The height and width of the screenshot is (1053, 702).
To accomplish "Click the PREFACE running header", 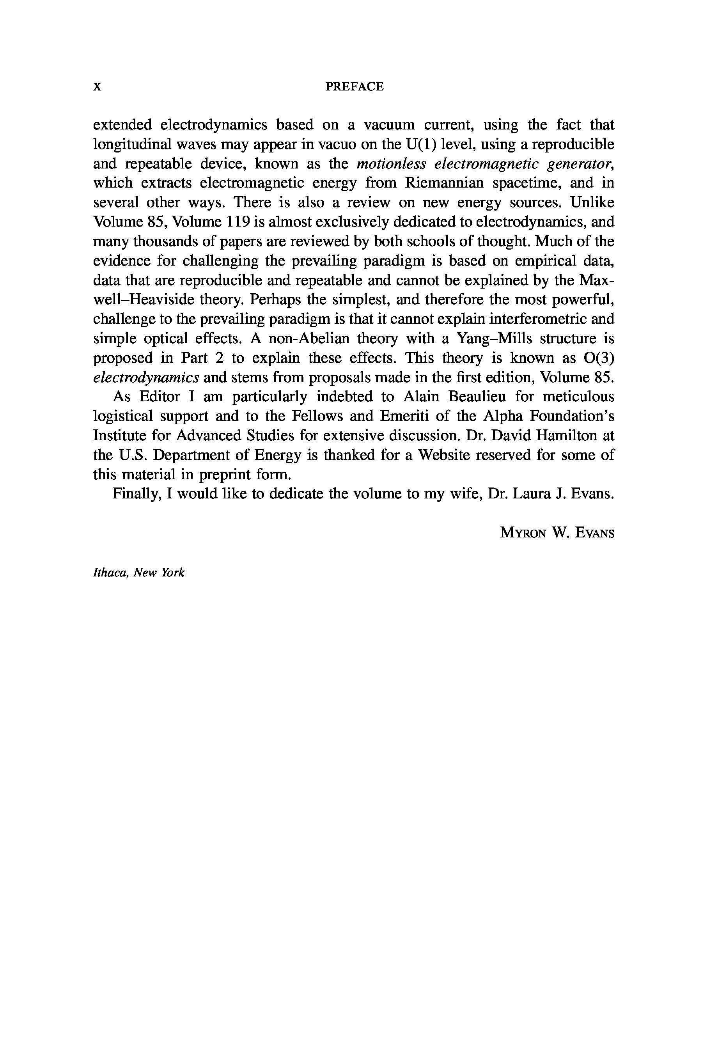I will point(354,87).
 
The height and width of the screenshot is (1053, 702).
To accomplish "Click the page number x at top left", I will point(97,87).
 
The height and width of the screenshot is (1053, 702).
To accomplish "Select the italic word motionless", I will point(390,164).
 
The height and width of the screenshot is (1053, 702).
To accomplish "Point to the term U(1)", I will point(421,144).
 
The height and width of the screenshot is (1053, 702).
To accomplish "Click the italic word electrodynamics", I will point(146,378).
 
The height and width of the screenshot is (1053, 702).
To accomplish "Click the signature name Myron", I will point(523,533).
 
